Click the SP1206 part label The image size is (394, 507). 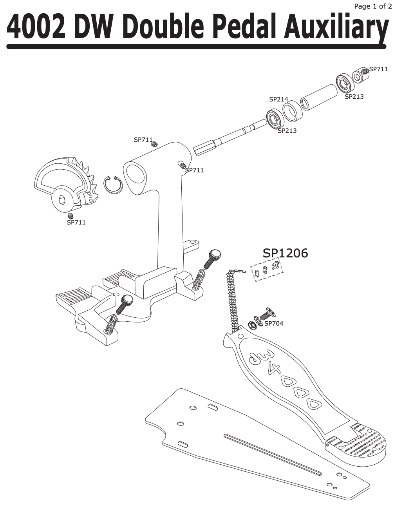[x=285, y=253]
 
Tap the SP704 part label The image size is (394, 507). [x=274, y=323]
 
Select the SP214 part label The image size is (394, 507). [x=278, y=100]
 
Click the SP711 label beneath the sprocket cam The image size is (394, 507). [x=76, y=223]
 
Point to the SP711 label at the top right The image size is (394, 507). [x=378, y=69]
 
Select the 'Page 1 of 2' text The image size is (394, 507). [x=372, y=6]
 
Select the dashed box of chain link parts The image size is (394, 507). [x=267, y=270]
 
